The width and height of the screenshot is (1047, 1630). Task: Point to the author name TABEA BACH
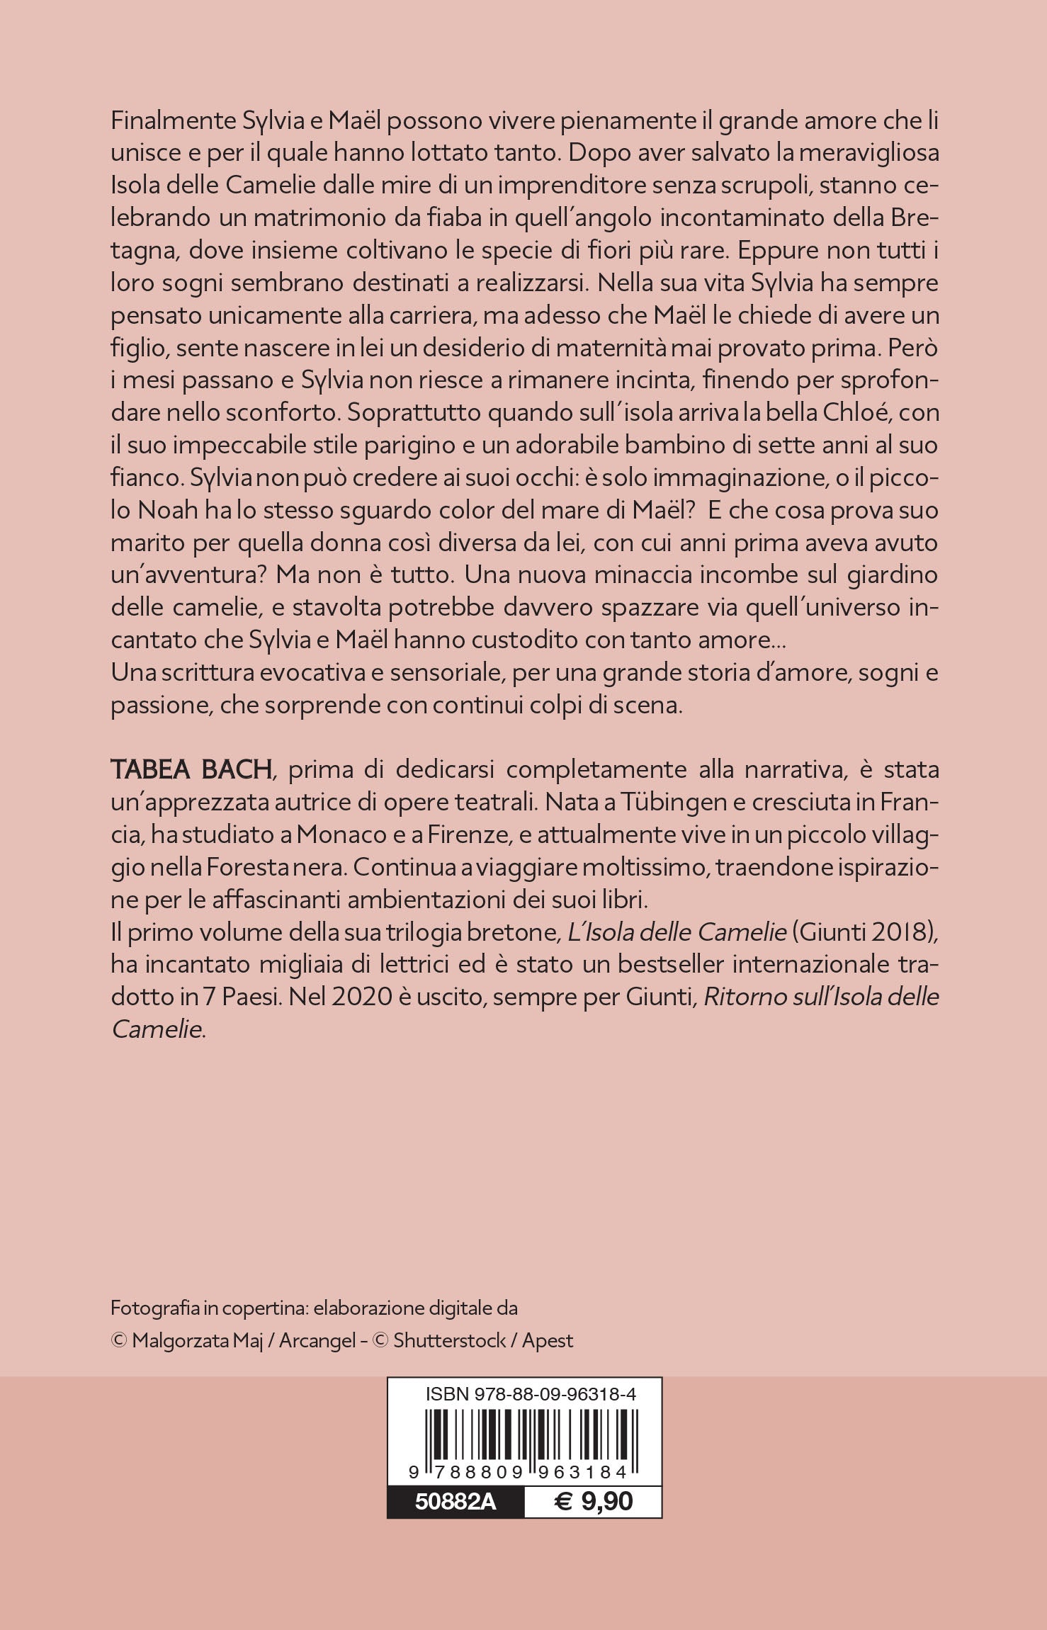coord(191,769)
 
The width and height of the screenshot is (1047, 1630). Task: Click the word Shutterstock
coord(449,1340)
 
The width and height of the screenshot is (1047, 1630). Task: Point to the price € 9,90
coord(593,1501)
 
